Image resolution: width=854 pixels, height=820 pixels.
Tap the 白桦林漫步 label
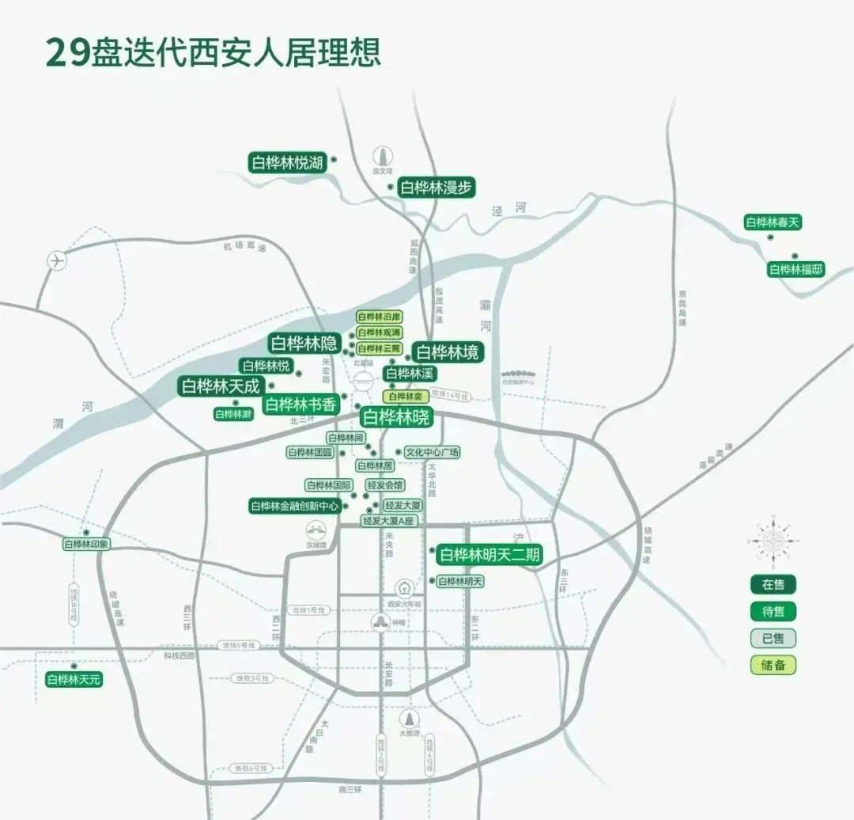436,188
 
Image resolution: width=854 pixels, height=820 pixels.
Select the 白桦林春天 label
773,222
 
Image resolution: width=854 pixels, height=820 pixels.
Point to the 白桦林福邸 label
795,269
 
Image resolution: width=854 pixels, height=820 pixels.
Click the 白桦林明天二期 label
489,555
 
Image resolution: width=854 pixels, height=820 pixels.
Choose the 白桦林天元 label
74,679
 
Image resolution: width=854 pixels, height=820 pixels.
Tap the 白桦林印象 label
86,545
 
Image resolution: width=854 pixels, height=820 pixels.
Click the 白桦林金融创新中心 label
295,506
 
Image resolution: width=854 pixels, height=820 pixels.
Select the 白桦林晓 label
395,416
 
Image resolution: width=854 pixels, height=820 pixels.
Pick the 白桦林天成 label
220,386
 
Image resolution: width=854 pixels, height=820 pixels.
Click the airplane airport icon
57,260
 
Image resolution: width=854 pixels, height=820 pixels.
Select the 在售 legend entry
773,585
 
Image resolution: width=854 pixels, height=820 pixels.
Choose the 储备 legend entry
773,665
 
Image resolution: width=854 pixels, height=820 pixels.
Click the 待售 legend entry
773,612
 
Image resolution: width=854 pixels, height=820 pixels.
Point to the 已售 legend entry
773,638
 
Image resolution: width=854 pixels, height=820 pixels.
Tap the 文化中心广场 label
432,453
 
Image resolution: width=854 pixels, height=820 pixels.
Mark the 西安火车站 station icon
404,588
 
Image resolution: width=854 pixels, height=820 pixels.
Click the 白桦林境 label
448,352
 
